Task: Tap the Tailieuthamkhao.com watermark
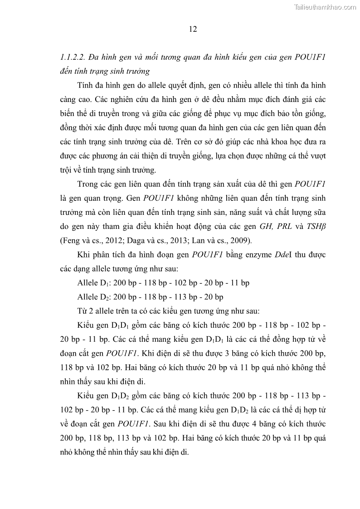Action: (x=326, y=7)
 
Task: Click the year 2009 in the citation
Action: (x=245, y=240)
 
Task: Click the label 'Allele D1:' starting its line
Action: (x=94, y=283)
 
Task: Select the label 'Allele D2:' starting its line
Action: (x=94, y=297)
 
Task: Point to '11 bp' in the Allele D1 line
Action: (x=240, y=283)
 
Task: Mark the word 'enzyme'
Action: (x=256, y=254)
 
